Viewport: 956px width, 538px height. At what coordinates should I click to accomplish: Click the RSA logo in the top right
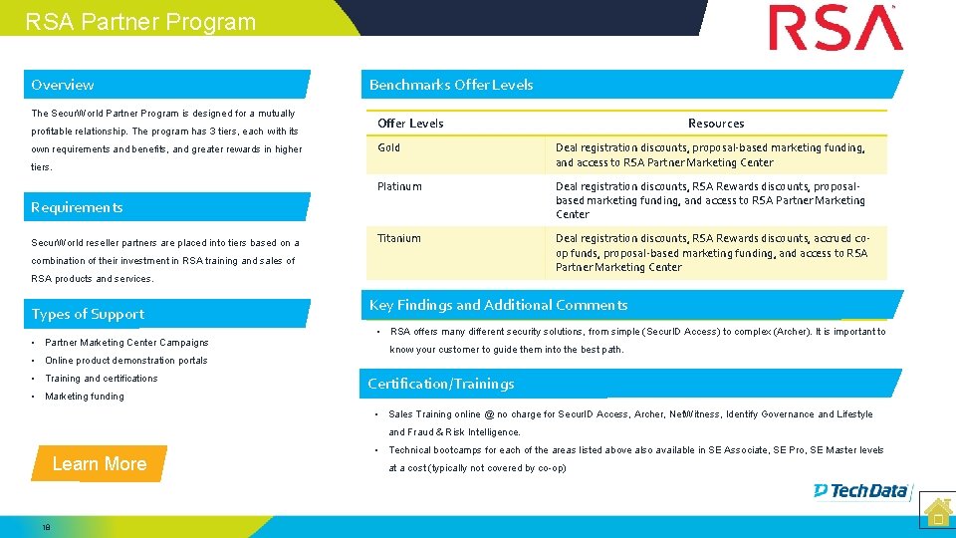836,28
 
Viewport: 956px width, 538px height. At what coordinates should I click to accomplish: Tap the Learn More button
100,464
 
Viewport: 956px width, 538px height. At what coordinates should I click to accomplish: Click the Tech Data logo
860,490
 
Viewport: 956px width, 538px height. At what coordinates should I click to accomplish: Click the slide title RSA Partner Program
140,22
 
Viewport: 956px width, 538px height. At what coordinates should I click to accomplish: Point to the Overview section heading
63,85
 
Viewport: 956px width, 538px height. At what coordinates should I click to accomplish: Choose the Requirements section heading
77,207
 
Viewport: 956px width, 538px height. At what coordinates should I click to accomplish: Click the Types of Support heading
88,314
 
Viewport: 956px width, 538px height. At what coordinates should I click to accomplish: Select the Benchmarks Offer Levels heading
451,85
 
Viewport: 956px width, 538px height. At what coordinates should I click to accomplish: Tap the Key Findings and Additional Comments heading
498,305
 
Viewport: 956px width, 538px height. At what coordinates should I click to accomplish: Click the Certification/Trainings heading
441,384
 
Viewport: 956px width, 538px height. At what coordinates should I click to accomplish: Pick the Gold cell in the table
389,147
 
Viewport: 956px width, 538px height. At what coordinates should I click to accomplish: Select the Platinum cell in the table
399,186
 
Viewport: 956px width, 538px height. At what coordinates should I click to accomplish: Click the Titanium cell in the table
399,238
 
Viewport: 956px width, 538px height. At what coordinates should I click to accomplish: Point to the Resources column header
716,124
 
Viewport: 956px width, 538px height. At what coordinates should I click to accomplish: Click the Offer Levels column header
410,124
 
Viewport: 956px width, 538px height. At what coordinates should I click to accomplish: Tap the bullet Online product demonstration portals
126,361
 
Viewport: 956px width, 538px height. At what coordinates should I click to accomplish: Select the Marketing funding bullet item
85,397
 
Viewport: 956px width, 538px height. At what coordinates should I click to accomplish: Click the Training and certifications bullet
102,379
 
